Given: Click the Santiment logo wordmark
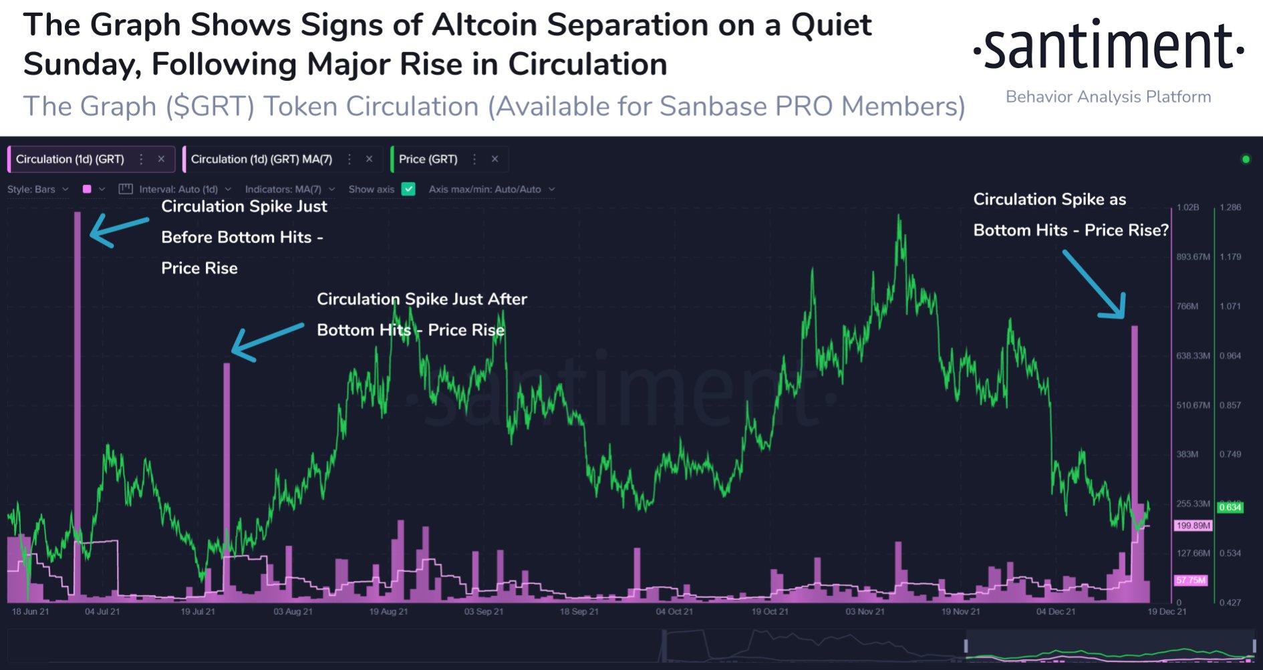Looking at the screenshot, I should coord(1109,47).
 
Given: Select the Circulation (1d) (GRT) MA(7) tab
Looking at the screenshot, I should coord(261,159).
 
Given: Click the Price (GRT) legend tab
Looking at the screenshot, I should coord(428,159).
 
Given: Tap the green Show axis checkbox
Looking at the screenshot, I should coord(408,189).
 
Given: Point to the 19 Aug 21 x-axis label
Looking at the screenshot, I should coord(388,611).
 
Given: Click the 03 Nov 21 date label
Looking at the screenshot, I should coord(865,611).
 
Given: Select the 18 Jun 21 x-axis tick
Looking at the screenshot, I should coord(30,611).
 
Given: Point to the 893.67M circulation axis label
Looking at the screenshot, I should coord(1193,257).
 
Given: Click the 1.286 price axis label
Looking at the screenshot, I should coord(1230,207).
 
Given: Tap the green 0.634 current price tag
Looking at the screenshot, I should coord(1230,507).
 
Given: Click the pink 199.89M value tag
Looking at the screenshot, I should coord(1193,526).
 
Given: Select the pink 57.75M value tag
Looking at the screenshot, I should coord(1191,580).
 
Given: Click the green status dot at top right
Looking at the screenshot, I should coord(1246,159).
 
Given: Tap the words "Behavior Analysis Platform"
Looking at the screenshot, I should coord(1108,97).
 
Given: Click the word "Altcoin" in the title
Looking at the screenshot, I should coord(484,25).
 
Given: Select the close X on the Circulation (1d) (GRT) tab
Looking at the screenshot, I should coord(161,159).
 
